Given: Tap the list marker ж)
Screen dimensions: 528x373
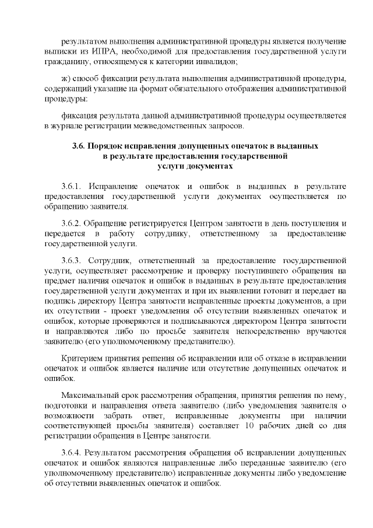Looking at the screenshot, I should (x=66, y=79).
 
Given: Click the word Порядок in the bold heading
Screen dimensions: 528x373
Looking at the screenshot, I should (x=107, y=145).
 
